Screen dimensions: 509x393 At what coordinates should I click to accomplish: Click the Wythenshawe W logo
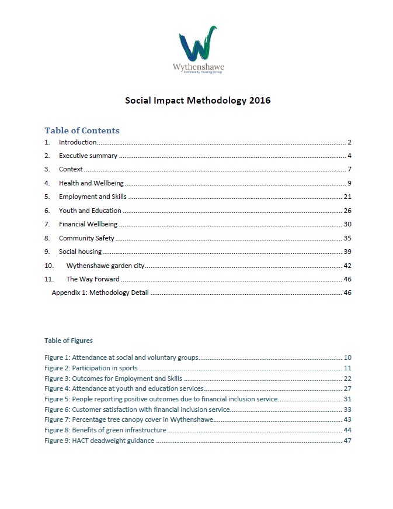tap(198, 44)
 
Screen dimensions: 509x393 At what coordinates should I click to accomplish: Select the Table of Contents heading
tap(82, 130)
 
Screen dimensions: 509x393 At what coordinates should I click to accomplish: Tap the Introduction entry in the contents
tap(78, 142)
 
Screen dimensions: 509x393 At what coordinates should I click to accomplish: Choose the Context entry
tap(71, 169)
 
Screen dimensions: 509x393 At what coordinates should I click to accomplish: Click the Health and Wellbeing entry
tap(91, 183)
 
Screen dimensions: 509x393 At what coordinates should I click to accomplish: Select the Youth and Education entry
tap(90, 211)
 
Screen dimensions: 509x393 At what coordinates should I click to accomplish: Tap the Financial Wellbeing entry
tap(88, 224)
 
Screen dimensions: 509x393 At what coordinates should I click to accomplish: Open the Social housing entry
tap(80, 252)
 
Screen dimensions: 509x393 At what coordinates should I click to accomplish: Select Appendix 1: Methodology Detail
tap(100, 293)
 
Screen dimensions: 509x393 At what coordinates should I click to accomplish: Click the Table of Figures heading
tap(68, 340)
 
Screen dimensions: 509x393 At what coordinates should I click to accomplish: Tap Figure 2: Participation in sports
tap(91, 368)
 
